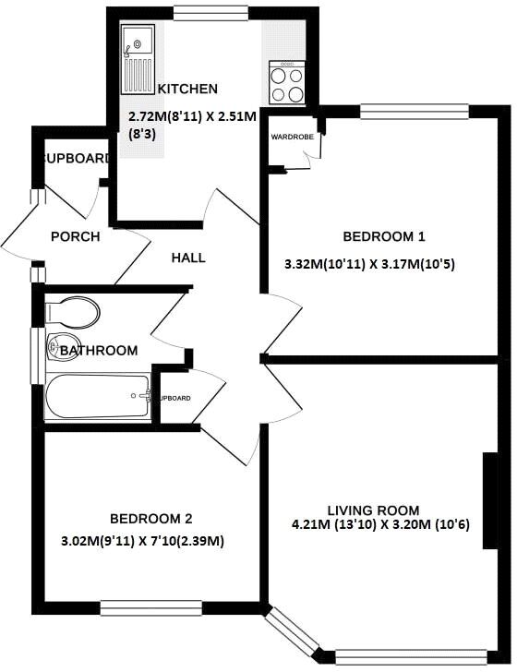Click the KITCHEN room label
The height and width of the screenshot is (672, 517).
click(187, 89)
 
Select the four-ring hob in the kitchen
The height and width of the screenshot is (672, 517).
click(287, 82)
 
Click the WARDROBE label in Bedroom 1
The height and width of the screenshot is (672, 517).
click(292, 137)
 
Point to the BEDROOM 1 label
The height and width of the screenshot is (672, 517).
click(370, 234)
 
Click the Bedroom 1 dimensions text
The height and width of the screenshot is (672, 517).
click(370, 264)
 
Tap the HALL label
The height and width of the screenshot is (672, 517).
click(188, 258)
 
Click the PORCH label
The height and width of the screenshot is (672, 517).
click(75, 236)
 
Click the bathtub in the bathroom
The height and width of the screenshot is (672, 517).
click(96, 396)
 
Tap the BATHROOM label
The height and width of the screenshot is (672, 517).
click(99, 351)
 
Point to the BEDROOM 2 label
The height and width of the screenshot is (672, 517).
click(150, 519)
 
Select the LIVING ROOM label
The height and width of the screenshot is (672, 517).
click(373, 510)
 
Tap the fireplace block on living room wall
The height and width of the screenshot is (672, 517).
click(487, 501)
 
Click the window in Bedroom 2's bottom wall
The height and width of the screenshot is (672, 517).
click(138, 607)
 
